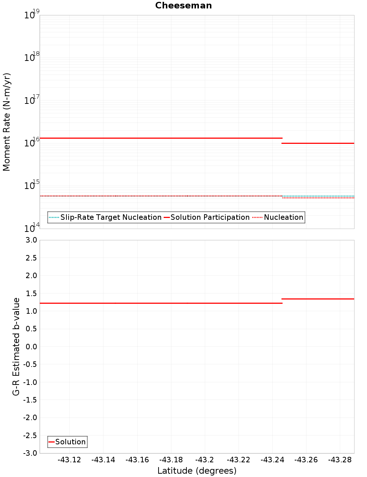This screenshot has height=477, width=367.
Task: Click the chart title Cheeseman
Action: (x=183, y=6)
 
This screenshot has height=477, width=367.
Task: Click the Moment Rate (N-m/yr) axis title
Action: (x=7, y=122)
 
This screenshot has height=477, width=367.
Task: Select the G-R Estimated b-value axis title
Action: (x=16, y=346)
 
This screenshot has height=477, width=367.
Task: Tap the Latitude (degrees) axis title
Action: (x=197, y=471)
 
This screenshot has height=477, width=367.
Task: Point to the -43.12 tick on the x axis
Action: (x=69, y=460)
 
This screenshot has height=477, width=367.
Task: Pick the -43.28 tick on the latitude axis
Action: (x=340, y=460)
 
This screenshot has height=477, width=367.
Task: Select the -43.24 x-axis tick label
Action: (x=272, y=460)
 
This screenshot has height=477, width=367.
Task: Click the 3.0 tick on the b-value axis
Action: (x=31, y=240)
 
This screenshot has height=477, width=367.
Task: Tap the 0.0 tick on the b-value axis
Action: (x=31, y=346)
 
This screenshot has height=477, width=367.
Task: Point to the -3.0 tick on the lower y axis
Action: (x=30, y=453)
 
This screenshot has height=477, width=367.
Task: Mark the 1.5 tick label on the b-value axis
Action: (x=31, y=293)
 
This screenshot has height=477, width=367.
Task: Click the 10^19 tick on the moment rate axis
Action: (x=32, y=15)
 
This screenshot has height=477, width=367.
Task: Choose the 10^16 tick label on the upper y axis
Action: (x=32, y=142)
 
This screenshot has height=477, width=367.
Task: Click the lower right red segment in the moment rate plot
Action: (x=318, y=143)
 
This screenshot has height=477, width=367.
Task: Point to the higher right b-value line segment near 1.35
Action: (x=318, y=299)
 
